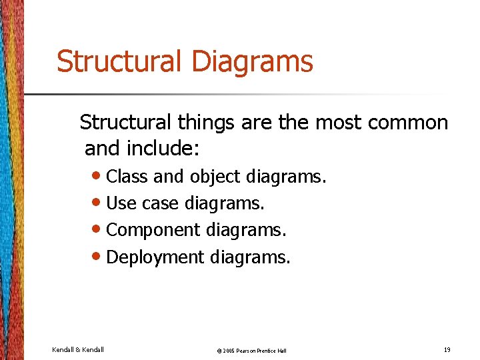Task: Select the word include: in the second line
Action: click(166, 149)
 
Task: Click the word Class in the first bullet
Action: click(127, 177)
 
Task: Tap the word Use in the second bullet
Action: click(120, 203)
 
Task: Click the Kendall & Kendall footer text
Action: click(77, 349)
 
